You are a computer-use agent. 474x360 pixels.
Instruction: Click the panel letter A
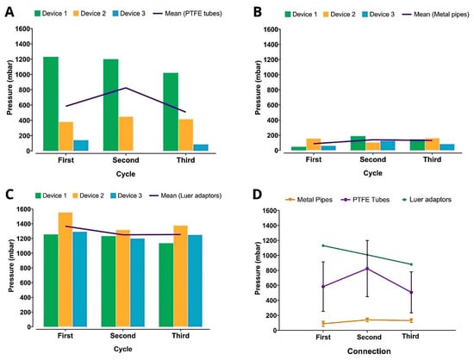(x=9, y=12)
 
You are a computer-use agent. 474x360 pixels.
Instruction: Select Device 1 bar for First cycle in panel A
(x=51, y=103)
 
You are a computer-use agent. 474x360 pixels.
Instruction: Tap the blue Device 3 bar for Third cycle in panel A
(x=201, y=147)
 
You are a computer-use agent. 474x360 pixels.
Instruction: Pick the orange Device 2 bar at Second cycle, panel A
(x=126, y=133)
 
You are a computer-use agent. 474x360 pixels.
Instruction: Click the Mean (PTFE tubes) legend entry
(x=187, y=14)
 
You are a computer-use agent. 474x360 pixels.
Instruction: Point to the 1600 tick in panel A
(x=22, y=29)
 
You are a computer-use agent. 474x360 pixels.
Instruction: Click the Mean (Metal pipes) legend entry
(x=435, y=14)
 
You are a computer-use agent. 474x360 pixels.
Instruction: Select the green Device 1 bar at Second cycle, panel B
(x=358, y=143)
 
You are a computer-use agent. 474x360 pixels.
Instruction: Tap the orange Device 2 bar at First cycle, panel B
(x=314, y=145)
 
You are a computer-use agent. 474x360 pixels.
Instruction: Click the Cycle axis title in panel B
(x=372, y=173)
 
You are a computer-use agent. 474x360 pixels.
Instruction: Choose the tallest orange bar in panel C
(x=65, y=270)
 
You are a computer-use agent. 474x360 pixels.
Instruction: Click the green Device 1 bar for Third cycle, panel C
(x=166, y=285)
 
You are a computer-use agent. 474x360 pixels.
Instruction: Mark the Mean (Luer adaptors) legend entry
(x=185, y=196)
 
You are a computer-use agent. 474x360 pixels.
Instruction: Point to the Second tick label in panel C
(x=122, y=336)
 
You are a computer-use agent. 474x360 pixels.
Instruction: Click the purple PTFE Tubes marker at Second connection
(x=368, y=269)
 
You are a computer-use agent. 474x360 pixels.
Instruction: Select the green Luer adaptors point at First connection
(x=323, y=245)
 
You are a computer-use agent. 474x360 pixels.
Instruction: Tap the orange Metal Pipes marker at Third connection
(x=411, y=320)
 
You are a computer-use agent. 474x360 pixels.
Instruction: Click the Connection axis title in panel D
(x=369, y=351)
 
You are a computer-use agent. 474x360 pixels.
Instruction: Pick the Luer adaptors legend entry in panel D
(x=427, y=200)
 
